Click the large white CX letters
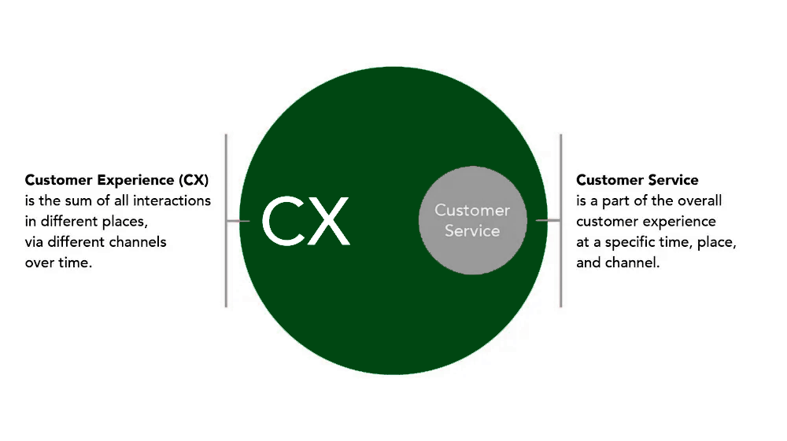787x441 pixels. click(305, 222)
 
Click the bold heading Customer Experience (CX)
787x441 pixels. click(116, 180)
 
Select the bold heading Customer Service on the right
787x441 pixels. click(637, 180)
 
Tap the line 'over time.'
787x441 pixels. click(58, 263)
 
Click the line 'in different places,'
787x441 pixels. click(86, 221)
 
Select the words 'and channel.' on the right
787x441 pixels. click(618, 263)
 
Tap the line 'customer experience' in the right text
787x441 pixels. click(645, 221)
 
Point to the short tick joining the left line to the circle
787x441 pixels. click(238, 222)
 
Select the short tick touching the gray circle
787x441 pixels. click(544, 220)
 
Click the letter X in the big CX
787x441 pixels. click(327, 222)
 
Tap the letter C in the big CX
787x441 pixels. click(283, 222)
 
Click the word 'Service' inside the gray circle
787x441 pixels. click(472, 230)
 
